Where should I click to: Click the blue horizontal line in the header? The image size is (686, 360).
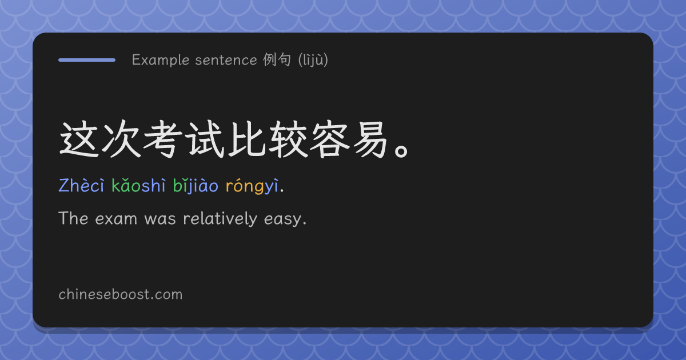tap(87, 60)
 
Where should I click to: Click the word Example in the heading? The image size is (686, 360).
tap(161, 60)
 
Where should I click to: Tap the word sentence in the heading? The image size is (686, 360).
tap(226, 60)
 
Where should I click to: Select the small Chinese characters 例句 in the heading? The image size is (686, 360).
tap(277, 59)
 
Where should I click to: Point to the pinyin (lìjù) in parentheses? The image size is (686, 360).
tap(313, 60)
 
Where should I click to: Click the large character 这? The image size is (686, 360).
tap(79, 139)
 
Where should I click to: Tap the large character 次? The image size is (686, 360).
tap(121, 139)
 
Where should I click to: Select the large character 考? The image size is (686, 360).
tap(163, 139)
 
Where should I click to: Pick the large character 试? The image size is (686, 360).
tap(205, 139)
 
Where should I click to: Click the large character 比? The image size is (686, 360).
tap(247, 139)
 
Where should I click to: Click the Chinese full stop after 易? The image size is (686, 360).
tap(401, 151)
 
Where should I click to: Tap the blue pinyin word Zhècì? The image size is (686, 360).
tap(81, 186)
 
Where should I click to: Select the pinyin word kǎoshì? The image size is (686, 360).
tap(138, 186)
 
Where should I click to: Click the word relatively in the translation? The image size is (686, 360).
tap(220, 218)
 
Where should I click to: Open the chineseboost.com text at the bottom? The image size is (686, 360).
tap(121, 294)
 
